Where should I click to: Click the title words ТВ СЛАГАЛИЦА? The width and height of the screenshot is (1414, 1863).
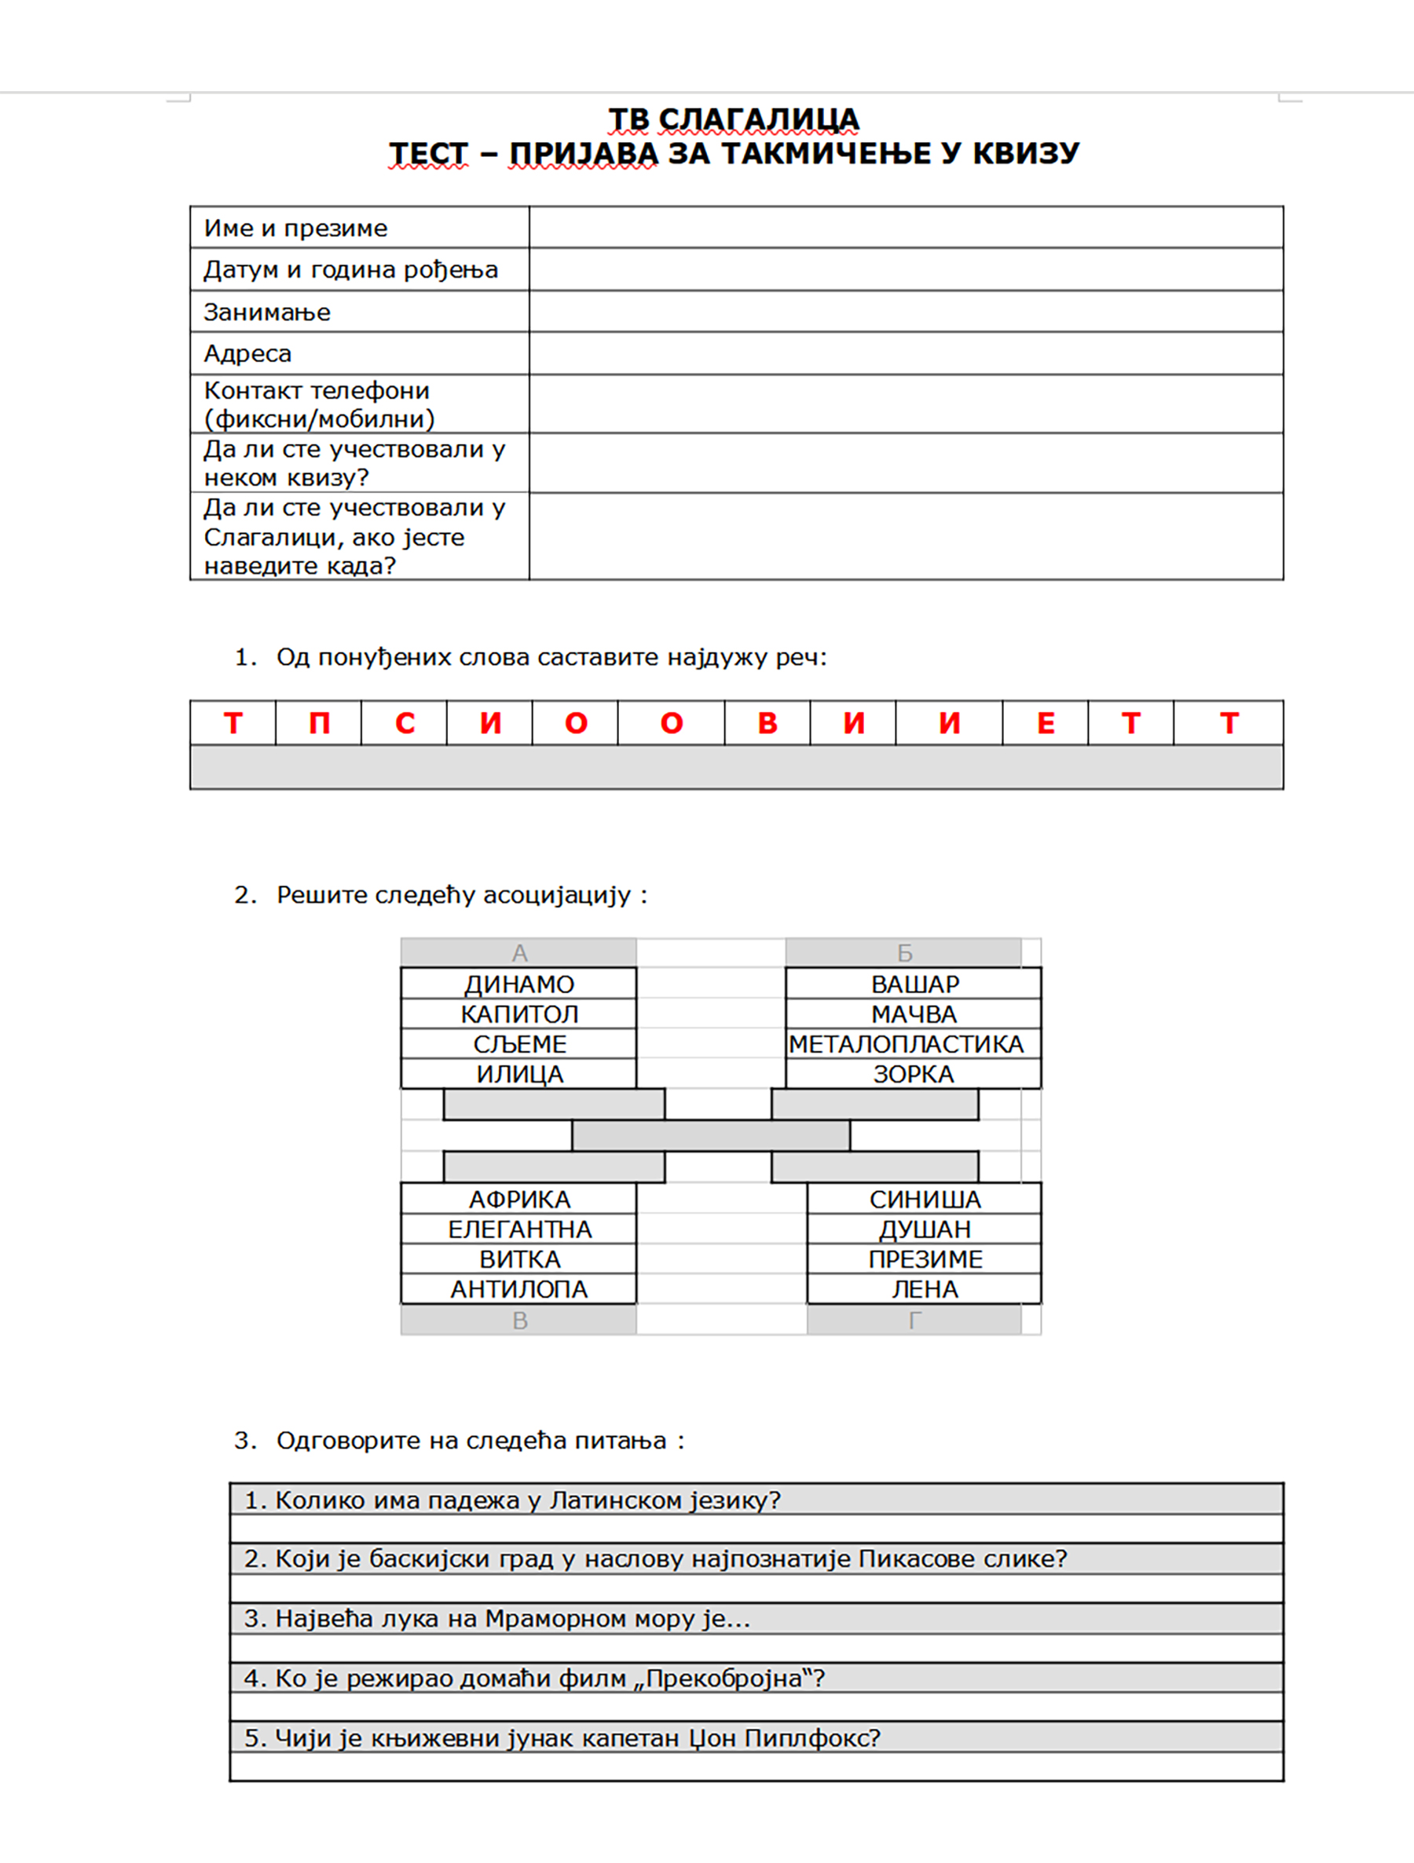pos(733,119)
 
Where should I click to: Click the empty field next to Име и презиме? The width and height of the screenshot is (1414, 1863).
pos(906,228)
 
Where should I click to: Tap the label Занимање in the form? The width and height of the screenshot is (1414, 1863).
pos(267,312)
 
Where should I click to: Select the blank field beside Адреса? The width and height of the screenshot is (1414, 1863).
pos(906,354)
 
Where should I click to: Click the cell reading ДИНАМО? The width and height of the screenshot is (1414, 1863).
pos(519,984)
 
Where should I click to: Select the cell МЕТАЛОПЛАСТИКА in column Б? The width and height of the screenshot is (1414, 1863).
pos(907,1044)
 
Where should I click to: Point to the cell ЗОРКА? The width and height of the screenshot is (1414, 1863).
pos(914,1074)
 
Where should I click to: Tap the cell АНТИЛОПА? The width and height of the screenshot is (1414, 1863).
pos(519,1289)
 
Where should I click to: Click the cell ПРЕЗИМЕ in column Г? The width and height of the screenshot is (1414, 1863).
pos(925,1259)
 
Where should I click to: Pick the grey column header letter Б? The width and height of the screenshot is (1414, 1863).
pos(904,952)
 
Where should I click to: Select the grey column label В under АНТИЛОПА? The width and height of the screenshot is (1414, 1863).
pos(519,1321)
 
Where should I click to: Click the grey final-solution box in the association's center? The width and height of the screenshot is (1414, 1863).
pos(710,1135)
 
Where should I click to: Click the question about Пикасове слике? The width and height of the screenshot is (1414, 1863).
pos(656,1559)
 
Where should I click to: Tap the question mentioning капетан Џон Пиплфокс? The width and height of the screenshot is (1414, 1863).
pos(562,1737)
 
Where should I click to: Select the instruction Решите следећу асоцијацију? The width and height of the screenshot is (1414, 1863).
pos(453,894)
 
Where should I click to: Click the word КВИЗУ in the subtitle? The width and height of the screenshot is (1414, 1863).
pos(1025,153)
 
